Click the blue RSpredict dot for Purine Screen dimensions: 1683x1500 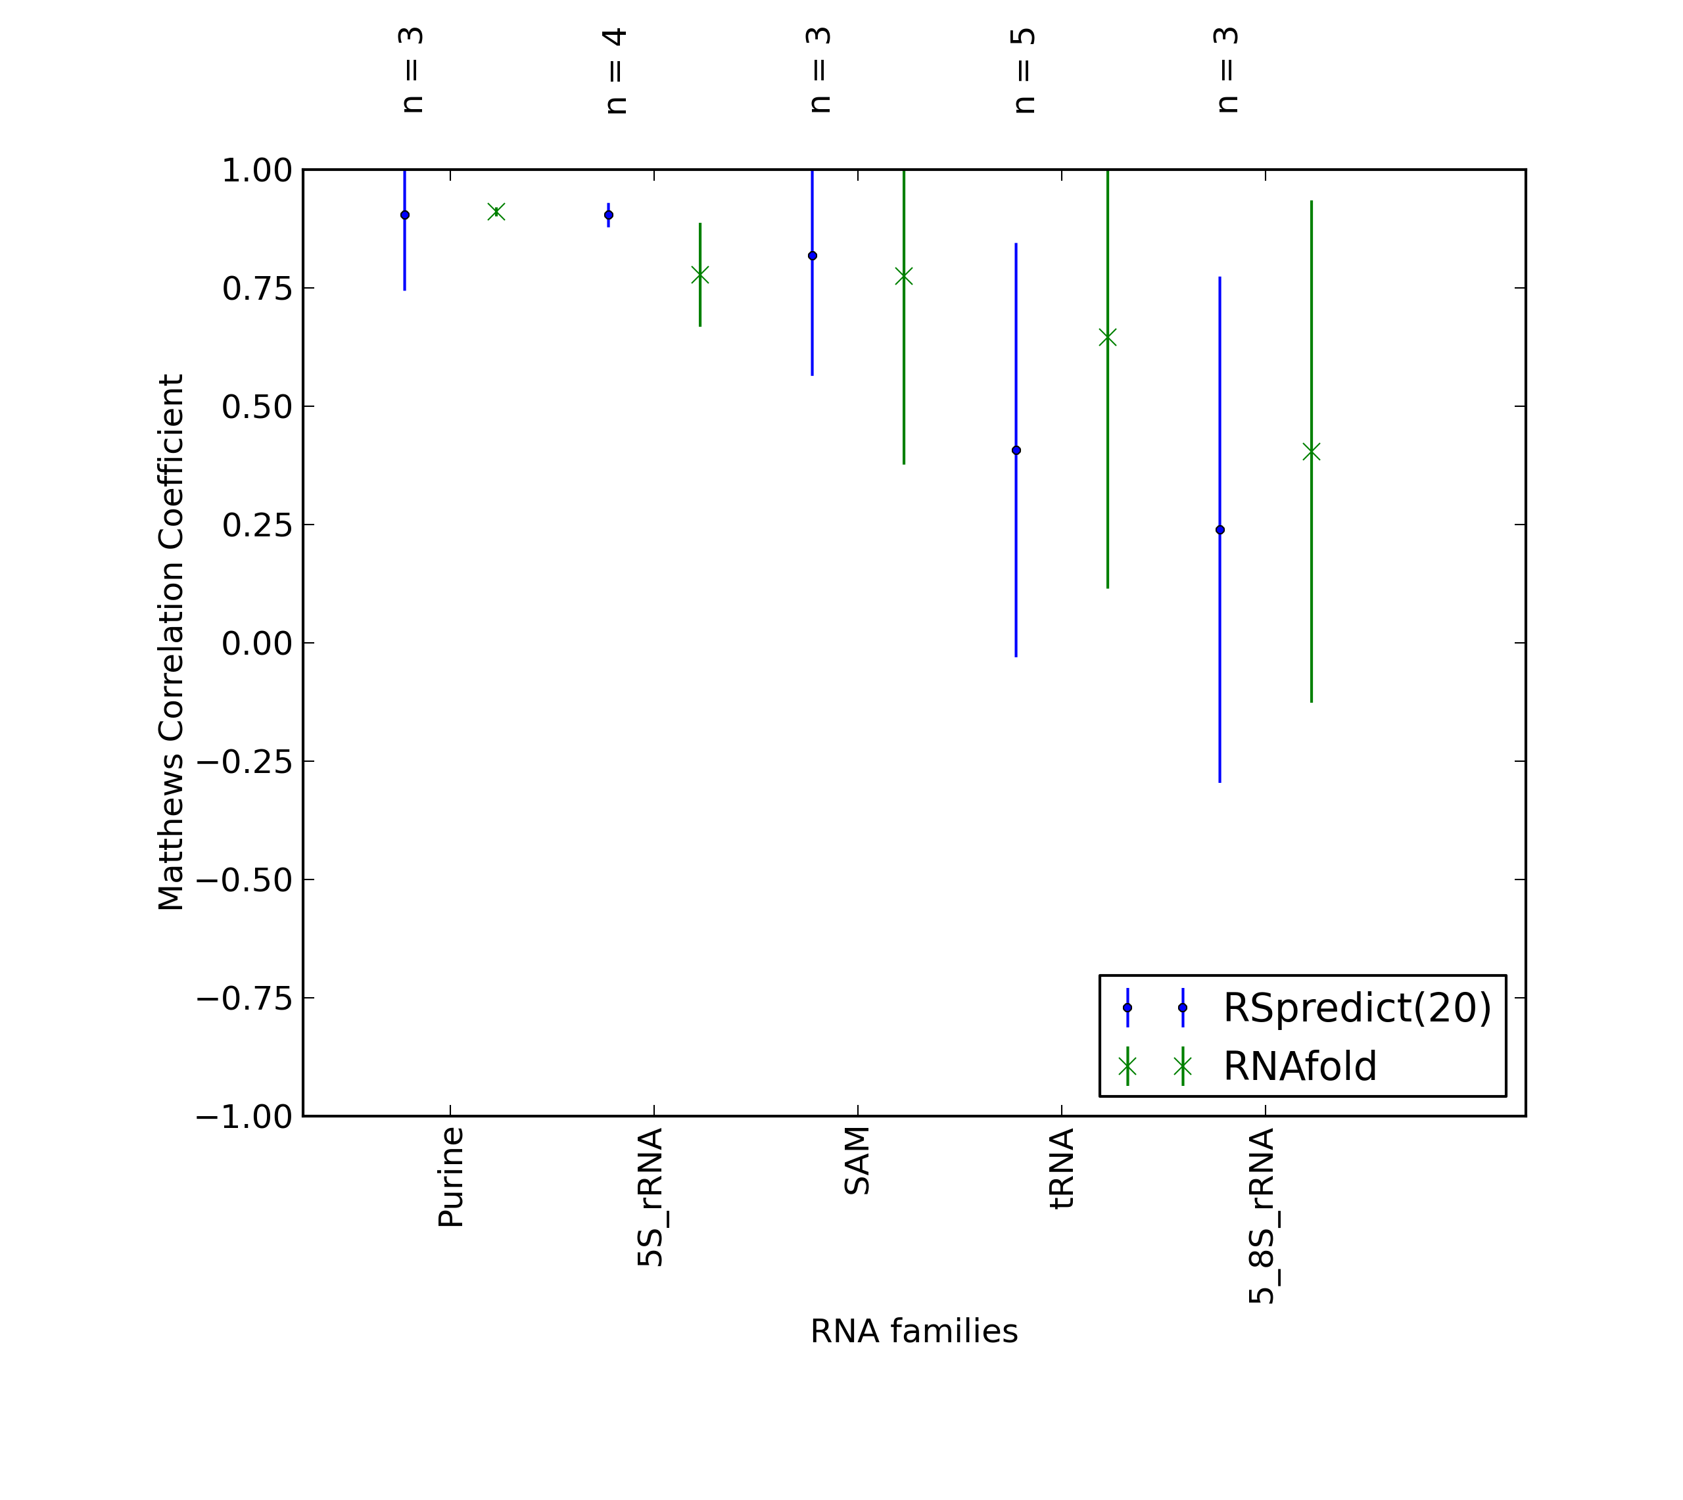[405, 215]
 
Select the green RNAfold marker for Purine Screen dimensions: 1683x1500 [496, 212]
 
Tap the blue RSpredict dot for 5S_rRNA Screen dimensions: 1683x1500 [609, 215]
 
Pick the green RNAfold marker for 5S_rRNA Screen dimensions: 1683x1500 [699, 275]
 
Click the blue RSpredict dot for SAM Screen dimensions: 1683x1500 [813, 256]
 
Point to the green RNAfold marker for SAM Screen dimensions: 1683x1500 [904, 276]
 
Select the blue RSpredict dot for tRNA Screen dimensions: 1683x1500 [1016, 451]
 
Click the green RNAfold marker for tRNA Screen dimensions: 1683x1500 [1108, 337]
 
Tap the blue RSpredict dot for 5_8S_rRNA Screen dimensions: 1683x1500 [1220, 530]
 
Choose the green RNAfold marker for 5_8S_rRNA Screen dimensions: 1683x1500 [1312, 452]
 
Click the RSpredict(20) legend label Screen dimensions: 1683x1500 [1358, 1008]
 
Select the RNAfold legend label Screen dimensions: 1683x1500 [1300, 1066]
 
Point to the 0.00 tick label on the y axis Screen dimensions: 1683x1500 [257, 644]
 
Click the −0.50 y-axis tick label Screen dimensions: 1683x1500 [244, 880]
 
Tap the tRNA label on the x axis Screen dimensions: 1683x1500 [1062, 1169]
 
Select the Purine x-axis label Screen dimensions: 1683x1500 [451, 1179]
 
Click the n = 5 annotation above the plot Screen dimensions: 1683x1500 [1022, 71]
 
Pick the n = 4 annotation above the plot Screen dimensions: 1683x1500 [615, 71]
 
